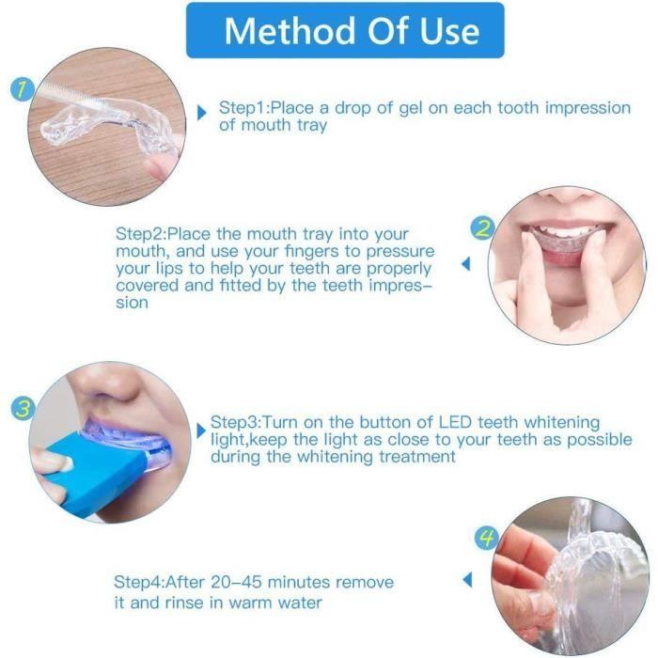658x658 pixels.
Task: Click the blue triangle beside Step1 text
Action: (x=201, y=113)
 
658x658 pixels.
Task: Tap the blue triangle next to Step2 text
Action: (x=464, y=265)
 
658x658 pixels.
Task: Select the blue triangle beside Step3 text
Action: (x=200, y=431)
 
